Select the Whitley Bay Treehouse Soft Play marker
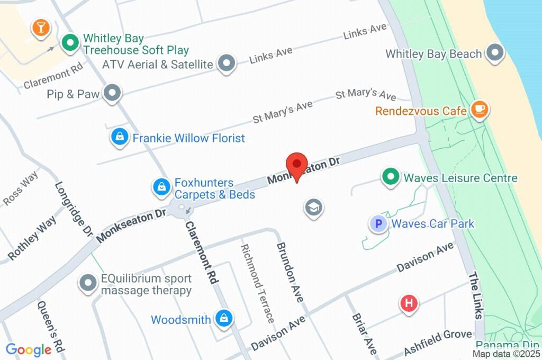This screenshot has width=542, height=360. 69,43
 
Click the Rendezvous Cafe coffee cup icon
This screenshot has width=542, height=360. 480,110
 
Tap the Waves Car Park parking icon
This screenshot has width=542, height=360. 378,224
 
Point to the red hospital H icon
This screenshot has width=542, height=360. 409,303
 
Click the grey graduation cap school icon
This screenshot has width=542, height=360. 313,207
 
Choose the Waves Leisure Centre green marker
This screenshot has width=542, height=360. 391,177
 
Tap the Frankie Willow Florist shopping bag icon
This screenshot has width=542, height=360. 119,138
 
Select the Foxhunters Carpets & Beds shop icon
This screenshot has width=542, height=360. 160,186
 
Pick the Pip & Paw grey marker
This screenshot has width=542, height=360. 112,94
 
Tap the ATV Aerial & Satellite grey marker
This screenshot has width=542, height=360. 227,64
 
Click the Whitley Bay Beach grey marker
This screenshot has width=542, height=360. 495,53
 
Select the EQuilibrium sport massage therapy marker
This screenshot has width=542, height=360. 87,283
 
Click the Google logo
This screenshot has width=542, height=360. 28,349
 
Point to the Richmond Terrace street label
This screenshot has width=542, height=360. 257,283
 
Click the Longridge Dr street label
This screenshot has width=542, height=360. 74,209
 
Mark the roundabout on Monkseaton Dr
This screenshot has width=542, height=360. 182,208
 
